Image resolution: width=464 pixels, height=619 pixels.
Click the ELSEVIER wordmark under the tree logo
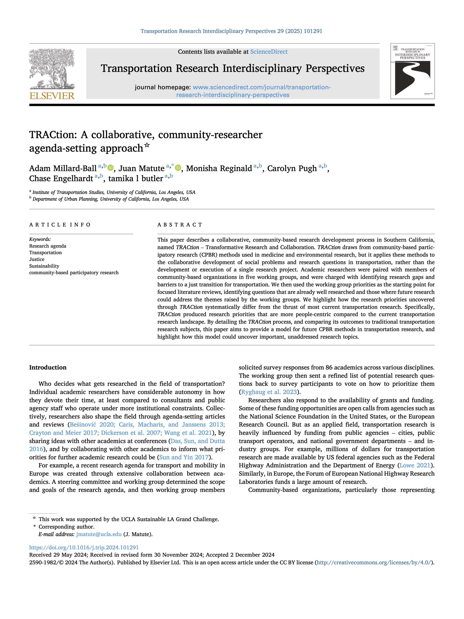pyautogui.click(x=52, y=96)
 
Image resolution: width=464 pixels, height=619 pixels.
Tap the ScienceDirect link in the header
pyautogui.click(x=268, y=52)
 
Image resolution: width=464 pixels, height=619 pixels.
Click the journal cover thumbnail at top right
pyautogui.click(x=412, y=71)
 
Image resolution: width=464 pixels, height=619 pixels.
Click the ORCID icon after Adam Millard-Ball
pyautogui.click(x=110, y=168)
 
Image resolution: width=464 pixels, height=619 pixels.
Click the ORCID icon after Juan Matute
pyautogui.click(x=178, y=168)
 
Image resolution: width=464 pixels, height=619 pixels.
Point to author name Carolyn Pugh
pyautogui.click(x=292, y=169)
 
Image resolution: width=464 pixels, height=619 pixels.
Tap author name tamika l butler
pyautogui.click(x=135, y=178)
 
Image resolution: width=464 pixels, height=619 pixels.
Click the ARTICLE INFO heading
pyautogui.click(x=60, y=225)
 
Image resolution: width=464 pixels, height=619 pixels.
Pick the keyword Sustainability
pyautogui.click(x=44, y=266)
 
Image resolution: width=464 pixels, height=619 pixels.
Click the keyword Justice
pyautogui.click(x=37, y=259)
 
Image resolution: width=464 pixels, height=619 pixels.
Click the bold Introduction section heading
pyautogui.click(x=48, y=368)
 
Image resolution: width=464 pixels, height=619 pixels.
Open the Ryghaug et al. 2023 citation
pyautogui.click(x=268, y=392)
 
